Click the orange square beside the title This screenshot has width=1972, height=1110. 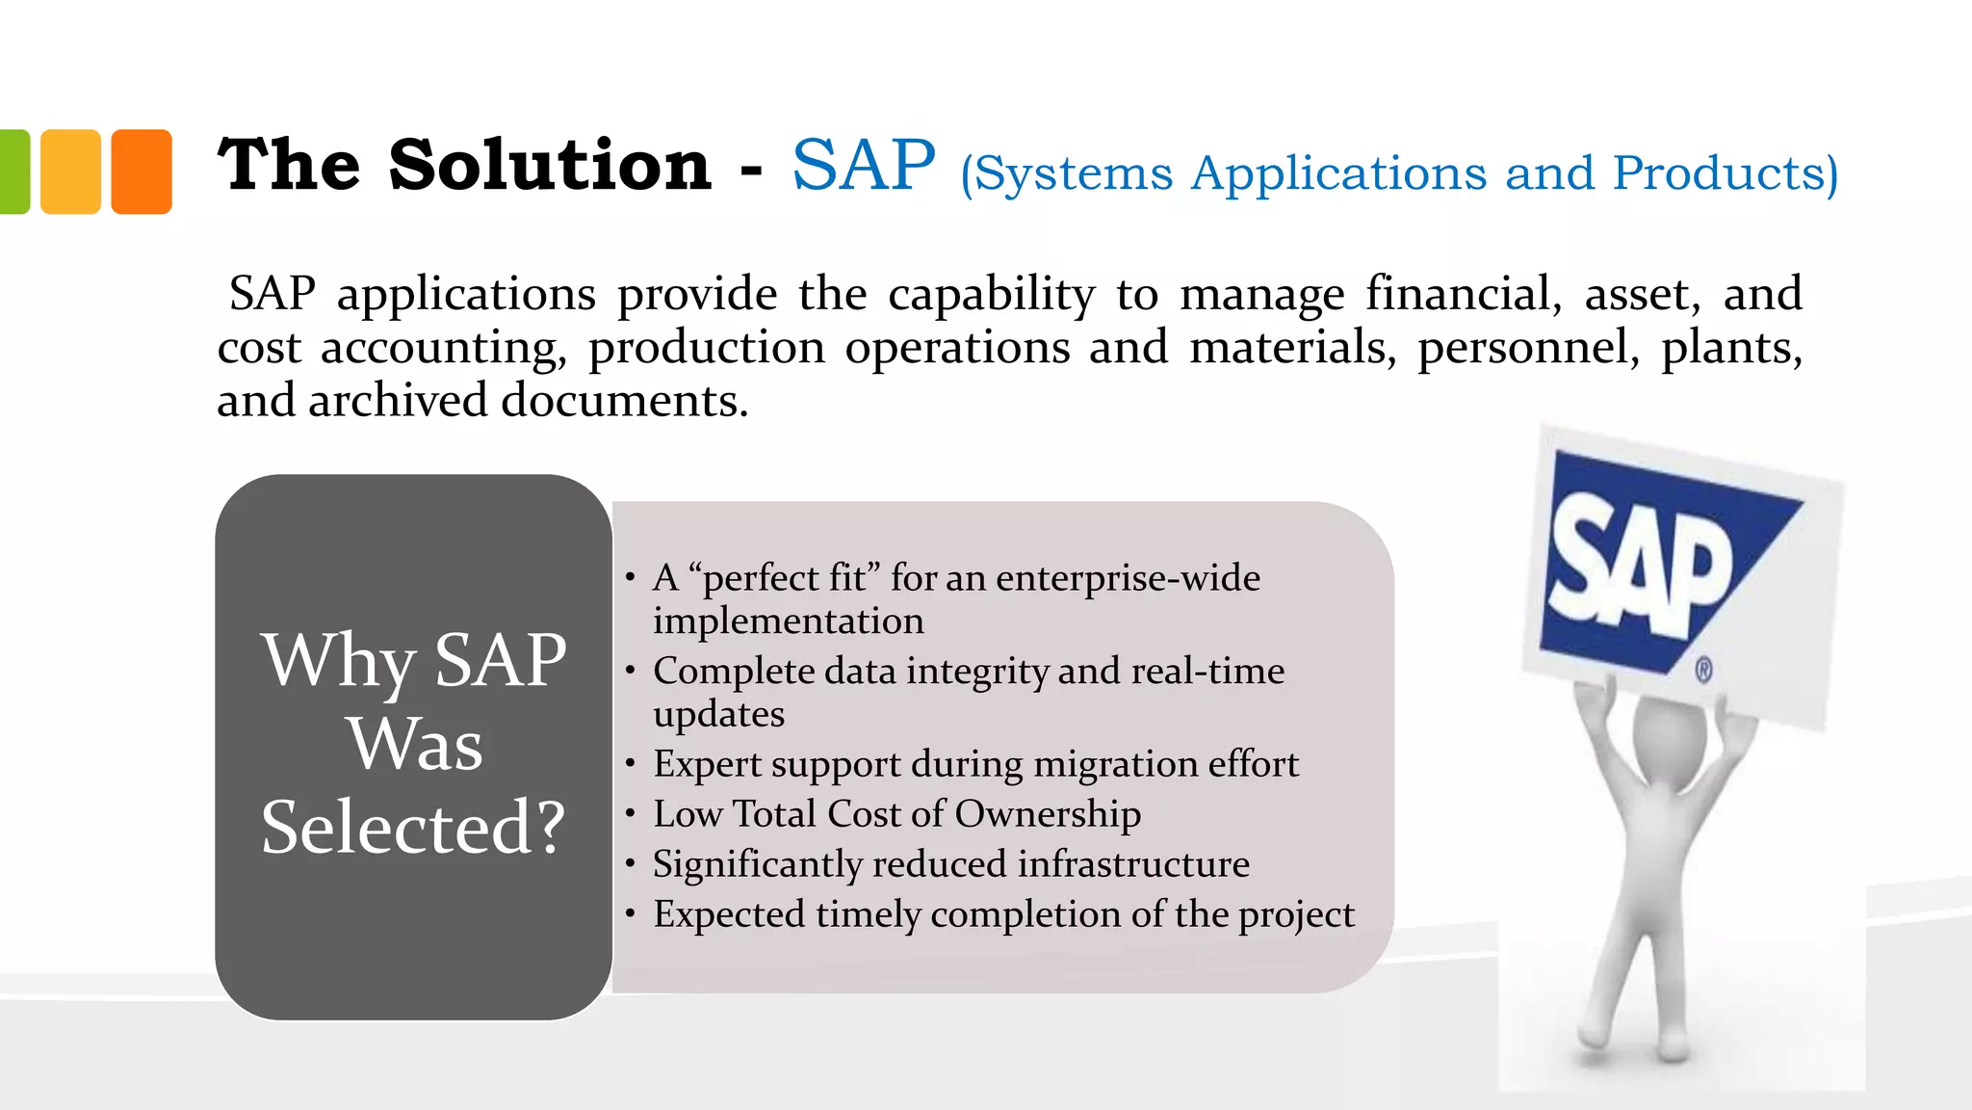[x=142, y=172]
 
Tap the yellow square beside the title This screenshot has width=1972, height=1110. [x=70, y=172]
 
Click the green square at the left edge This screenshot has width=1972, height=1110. [x=13, y=172]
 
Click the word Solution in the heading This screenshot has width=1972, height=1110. [x=550, y=165]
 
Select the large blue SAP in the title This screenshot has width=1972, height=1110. [x=864, y=165]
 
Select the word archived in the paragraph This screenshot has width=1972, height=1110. [x=398, y=400]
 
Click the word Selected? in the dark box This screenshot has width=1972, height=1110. [x=413, y=827]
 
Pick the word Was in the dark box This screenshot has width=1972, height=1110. [x=414, y=744]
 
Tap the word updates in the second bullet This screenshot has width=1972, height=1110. [x=718, y=714]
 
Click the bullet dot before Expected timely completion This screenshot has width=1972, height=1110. [x=630, y=912]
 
